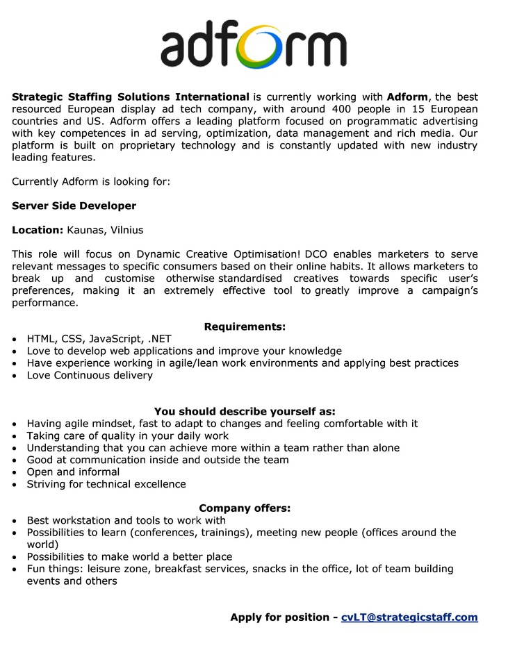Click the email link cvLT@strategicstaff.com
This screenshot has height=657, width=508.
(x=409, y=617)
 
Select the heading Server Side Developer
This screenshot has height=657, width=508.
(x=74, y=206)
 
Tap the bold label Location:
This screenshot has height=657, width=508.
(x=38, y=230)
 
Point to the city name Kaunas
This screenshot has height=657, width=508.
(x=85, y=230)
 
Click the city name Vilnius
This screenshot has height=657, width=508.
(x=126, y=230)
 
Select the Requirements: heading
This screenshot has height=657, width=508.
(x=245, y=326)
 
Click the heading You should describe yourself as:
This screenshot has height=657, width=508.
(x=245, y=411)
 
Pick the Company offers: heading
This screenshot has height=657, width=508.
(x=245, y=508)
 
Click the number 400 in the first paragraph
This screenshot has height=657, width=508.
(x=345, y=109)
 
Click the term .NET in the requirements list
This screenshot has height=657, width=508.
(x=158, y=339)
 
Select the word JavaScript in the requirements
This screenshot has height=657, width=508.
(x=113, y=339)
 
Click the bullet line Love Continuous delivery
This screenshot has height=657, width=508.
(x=90, y=375)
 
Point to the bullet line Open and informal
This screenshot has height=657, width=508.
(x=73, y=472)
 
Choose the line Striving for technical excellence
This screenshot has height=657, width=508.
(x=106, y=484)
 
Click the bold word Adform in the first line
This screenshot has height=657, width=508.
(x=407, y=97)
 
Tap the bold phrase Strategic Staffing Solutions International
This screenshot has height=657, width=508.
(x=131, y=97)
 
